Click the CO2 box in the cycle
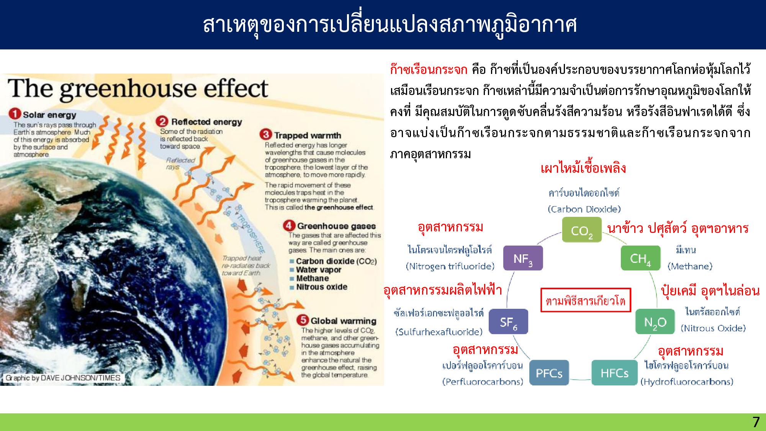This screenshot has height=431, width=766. coord(581,230)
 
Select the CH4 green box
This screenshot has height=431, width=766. coord(640,258)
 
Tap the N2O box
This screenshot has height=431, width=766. coord(655,322)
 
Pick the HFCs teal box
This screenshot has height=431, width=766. coord(614,373)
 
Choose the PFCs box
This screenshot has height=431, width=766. coord(549,373)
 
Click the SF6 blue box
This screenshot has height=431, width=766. coord(508,322)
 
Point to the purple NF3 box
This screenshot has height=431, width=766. coord(522,258)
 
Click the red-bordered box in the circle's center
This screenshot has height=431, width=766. coord(585,300)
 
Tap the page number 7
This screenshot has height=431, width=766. coord(756,422)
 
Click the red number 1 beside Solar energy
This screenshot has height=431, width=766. coord(16,114)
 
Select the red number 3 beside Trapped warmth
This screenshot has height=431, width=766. coord(265,135)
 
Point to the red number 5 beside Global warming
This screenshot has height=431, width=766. coord(303,320)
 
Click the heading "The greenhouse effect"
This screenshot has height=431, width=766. coord(138,88)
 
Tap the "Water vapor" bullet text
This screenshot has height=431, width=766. coord(318,270)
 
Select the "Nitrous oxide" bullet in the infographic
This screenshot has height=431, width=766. coord(321,287)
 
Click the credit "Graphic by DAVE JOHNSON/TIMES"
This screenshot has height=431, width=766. coord(63,378)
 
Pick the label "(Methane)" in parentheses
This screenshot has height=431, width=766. coord(690,266)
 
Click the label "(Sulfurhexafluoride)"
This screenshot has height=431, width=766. coord(439,332)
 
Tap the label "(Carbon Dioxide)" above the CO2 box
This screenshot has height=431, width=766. coord(584,209)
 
